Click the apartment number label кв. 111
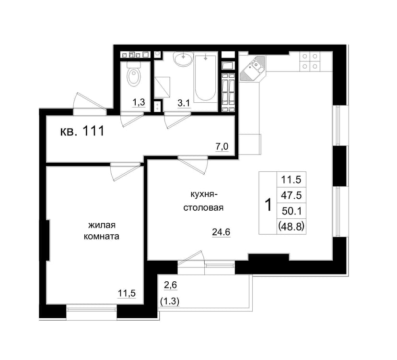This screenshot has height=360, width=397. [82, 132]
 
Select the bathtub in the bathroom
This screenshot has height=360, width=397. [205, 78]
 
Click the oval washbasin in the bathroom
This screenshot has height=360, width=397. [183, 59]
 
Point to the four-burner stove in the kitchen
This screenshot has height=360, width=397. [310, 61]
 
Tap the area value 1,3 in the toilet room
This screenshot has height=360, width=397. [139, 102]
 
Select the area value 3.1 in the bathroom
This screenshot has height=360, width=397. [184, 103]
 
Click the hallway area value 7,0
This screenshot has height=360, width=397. [222, 146]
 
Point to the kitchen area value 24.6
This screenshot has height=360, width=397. [221, 232]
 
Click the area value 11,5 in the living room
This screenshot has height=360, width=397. [127, 293]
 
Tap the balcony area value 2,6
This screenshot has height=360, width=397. [170, 285]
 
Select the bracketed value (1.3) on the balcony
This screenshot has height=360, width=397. [170, 301]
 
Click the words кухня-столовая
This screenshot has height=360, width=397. [203, 201]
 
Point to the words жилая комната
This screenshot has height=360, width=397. [101, 231]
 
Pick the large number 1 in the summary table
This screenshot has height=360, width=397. [268, 204]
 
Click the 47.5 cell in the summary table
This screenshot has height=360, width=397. [292, 195]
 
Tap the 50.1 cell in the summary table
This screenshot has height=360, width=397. [292, 211]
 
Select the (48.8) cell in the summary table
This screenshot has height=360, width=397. [292, 226]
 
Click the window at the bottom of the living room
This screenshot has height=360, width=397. [92, 310]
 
